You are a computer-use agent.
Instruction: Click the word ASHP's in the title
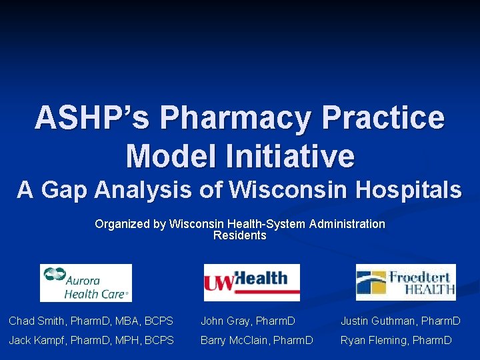[x=92, y=118]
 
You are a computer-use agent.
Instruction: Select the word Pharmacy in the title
[x=235, y=118]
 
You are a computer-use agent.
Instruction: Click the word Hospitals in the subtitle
[x=409, y=190]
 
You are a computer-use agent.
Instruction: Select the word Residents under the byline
[x=239, y=235]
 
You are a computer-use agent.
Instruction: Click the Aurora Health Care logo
[x=86, y=283]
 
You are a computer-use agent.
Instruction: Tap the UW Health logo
[x=251, y=283]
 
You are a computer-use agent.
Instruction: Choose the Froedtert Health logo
[x=405, y=283]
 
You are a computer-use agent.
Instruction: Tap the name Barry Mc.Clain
[x=233, y=341]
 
